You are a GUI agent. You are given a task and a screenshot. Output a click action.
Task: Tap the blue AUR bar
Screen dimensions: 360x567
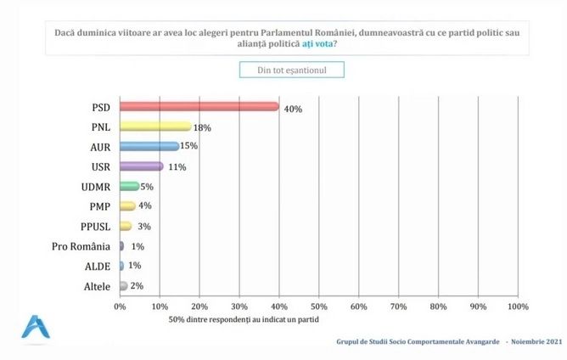pyautogui.click(x=149, y=146)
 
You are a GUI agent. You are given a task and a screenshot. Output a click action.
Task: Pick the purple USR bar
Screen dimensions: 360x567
pyautogui.click(x=141, y=166)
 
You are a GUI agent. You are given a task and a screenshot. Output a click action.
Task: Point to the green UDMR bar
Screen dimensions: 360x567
pyautogui.click(x=129, y=186)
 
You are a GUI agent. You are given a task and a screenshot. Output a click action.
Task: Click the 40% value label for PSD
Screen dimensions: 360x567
pyautogui.click(x=293, y=109)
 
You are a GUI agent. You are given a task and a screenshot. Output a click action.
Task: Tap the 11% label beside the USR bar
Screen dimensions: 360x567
pyautogui.click(x=176, y=167)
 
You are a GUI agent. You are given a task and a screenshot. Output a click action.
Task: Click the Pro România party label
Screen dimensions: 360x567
pyautogui.click(x=84, y=246)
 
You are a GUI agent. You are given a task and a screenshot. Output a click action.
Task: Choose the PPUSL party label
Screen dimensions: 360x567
pyautogui.click(x=94, y=227)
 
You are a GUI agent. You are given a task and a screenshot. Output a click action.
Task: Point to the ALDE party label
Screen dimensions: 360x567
pyautogui.click(x=98, y=267)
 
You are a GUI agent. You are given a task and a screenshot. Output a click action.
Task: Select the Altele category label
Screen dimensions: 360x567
pyautogui.click(x=96, y=287)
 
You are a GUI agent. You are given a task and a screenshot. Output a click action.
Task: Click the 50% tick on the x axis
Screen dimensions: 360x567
pyautogui.click(x=318, y=306)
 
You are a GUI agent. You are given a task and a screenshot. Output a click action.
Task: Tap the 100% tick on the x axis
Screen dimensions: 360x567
pyautogui.click(x=517, y=306)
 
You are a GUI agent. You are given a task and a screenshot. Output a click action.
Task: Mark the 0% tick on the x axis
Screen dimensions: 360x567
pyautogui.click(x=120, y=306)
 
